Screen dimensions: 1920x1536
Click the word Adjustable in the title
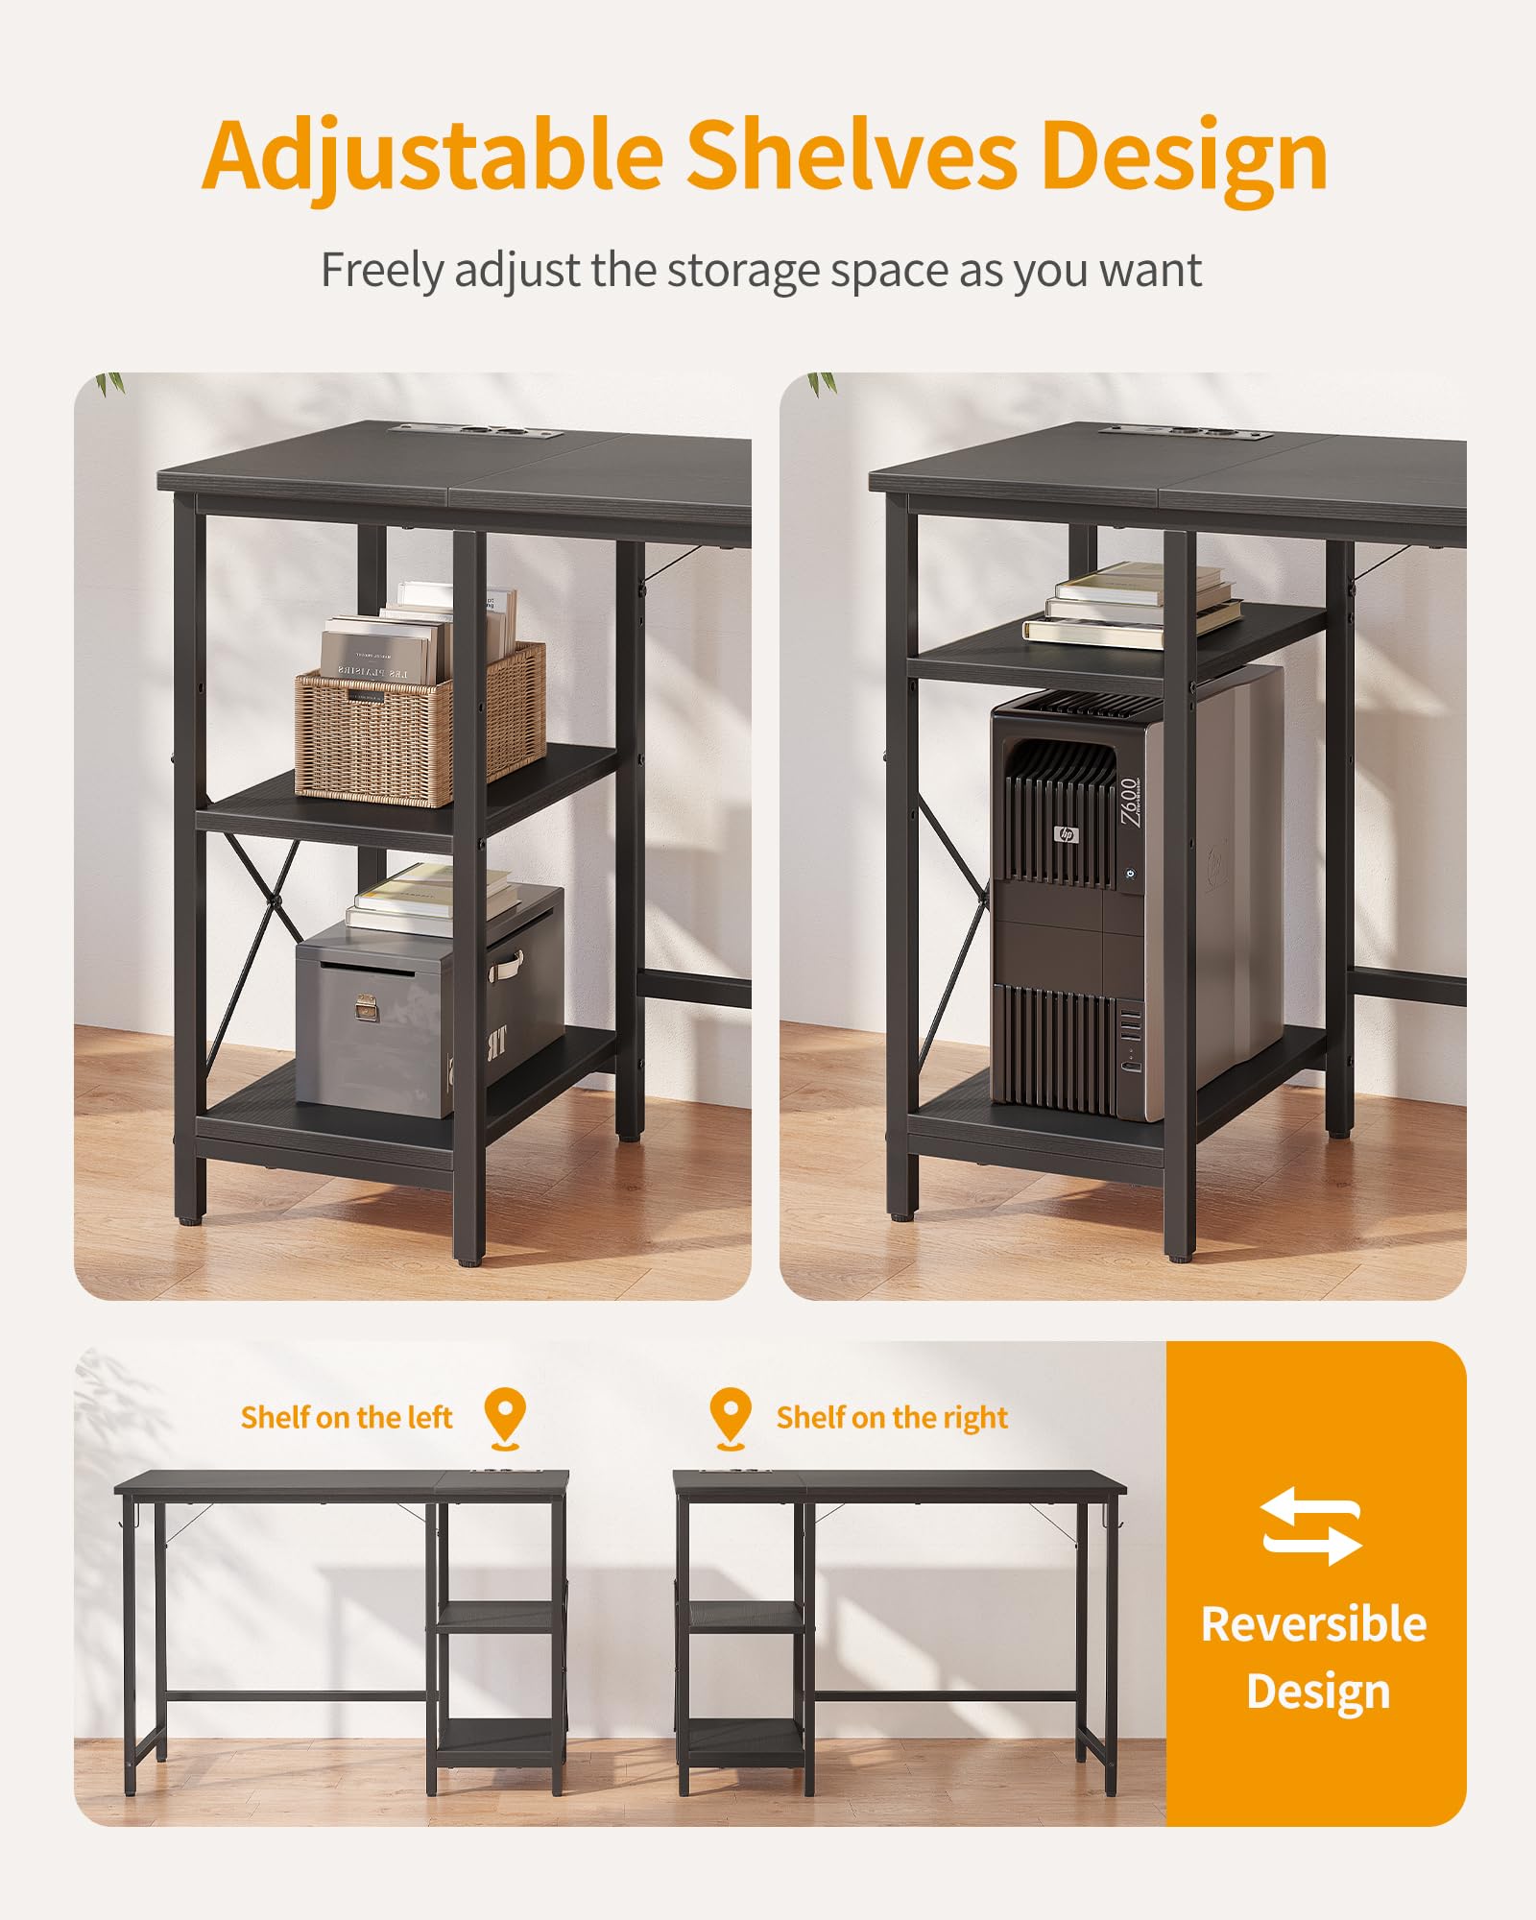432,156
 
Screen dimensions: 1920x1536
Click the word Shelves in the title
852,156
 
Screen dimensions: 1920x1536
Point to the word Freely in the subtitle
381,271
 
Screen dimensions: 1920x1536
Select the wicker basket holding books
419,725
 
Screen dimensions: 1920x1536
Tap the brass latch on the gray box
365,1007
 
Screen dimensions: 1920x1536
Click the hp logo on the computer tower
1066,833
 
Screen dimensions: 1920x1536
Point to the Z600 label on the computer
1130,801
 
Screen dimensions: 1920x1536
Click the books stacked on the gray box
432,898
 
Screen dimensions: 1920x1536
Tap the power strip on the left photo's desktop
475,434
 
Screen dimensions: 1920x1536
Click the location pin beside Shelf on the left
504,1416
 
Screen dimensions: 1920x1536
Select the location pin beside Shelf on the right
731,1416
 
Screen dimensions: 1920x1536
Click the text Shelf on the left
347,1418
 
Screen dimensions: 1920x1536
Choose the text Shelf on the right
892,1418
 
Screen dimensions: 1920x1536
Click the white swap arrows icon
1311,1525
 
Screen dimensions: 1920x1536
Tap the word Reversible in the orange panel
1313,1624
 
